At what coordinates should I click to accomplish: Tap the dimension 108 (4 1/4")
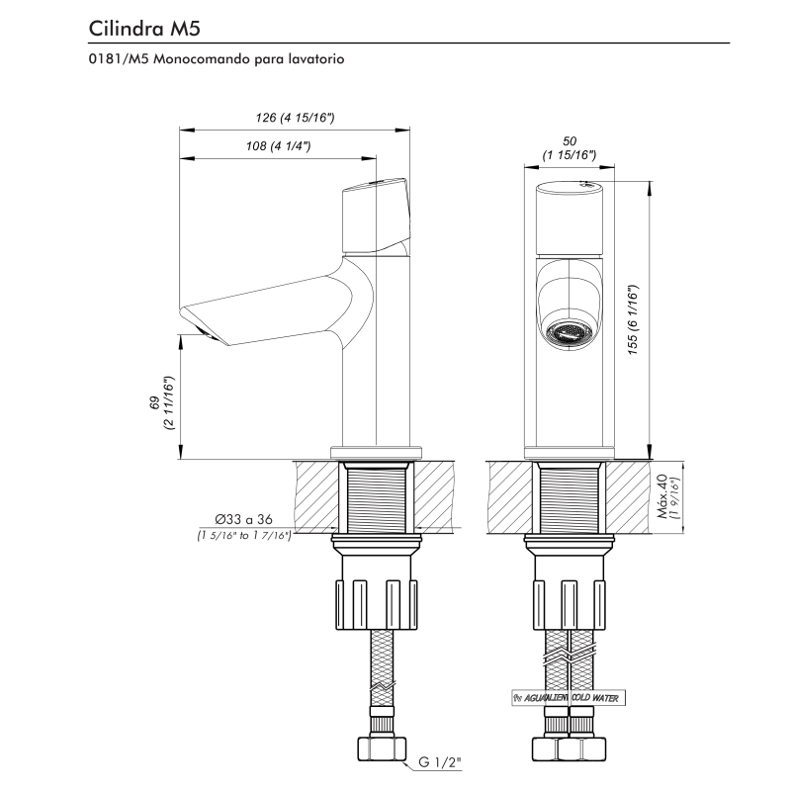tap(278, 146)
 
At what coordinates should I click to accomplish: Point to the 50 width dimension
tap(569, 147)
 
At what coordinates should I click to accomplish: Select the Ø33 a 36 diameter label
tap(242, 519)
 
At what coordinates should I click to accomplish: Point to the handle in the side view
tap(374, 215)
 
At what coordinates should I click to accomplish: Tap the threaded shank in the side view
tap(377, 499)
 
